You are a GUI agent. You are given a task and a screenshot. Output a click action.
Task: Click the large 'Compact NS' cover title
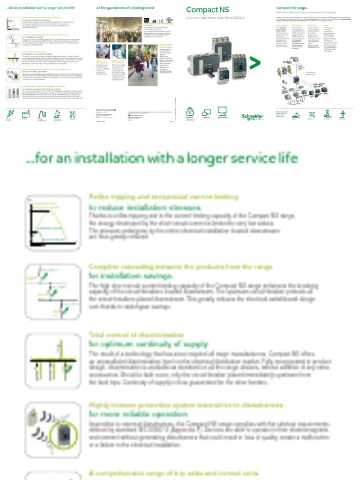(x=202, y=10)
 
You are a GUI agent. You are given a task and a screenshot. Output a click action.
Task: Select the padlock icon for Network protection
(x=190, y=112)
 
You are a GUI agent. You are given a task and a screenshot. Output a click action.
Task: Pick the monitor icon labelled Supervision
(x=222, y=112)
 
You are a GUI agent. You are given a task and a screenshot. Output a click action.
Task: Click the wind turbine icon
(x=343, y=114)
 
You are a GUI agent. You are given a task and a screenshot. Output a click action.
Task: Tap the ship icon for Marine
(x=296, y=114)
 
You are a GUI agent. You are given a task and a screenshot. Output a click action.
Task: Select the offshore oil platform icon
(x=327, y=114)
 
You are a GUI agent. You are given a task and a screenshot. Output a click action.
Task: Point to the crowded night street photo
(x=119, y=30)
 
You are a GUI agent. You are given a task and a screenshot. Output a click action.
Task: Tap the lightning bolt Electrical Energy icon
(x=10, y=114)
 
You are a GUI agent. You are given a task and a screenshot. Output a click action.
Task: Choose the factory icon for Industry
(x=25, y=114)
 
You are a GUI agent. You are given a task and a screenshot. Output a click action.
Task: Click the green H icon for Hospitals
(x=73, y=114)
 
